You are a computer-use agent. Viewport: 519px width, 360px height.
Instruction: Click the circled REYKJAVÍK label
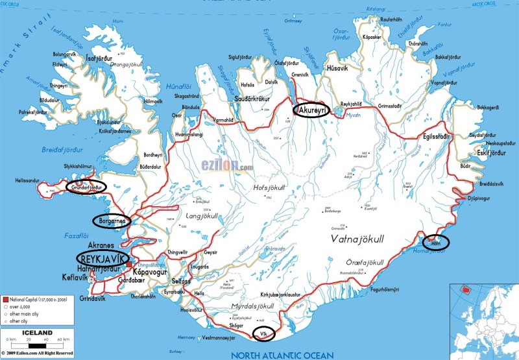coord(104,260)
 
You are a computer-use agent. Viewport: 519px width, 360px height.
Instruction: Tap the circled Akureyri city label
coord(311,110)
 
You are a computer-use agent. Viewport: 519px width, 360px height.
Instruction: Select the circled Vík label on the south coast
coord(263,333)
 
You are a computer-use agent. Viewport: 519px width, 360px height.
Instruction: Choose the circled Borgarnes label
coord(112,221)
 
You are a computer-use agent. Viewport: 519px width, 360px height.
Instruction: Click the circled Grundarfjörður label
coord(84,187)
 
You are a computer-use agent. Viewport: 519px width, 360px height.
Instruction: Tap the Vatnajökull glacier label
coord(358,239)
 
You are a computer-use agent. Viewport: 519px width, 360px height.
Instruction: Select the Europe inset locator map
coord(483,321)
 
